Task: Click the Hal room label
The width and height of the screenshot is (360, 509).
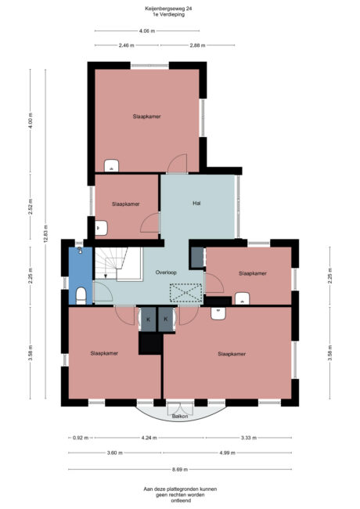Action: (196, 204)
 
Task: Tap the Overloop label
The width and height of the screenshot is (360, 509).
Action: (166, 273)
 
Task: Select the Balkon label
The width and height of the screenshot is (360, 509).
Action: (180, 416)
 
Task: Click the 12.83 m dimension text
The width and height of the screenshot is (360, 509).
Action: (45, 234)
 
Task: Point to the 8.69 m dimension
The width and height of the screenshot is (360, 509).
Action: (180, 469)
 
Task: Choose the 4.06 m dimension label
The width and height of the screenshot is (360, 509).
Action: (147, 31)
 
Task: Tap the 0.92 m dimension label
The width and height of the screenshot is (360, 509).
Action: (81, 438)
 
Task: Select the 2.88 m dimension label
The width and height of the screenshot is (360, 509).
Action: (197, 45)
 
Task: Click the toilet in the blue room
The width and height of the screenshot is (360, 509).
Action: (81, 296)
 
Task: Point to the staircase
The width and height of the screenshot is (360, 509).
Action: (119, 264)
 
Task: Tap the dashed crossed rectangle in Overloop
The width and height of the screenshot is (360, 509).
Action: (185, 293)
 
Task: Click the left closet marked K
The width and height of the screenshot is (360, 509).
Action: (148, 319)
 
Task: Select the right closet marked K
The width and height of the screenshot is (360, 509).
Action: (166, 319)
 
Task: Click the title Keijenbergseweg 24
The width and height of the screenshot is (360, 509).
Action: (168, 9)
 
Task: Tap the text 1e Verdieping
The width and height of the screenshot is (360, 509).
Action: (169, 14)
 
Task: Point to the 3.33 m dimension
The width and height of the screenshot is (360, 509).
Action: (249, 438)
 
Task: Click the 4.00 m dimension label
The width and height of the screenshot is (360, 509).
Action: (31, 121)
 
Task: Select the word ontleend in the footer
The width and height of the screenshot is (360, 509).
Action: (180, 501)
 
